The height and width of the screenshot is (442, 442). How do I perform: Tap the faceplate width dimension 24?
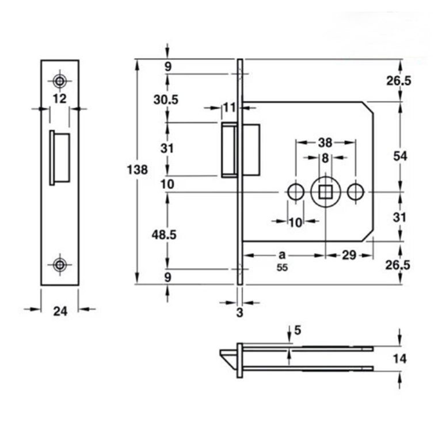[60, 311]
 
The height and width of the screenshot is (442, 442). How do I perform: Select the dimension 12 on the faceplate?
[59, 98]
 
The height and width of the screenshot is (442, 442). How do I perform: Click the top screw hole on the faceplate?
[59, 80]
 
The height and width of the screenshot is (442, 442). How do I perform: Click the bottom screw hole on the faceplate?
[59, 264]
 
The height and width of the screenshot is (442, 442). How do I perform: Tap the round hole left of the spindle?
[295, 192]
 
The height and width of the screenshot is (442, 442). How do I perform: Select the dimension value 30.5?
[167, 99]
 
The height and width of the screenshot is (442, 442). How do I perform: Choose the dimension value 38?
[325, 142]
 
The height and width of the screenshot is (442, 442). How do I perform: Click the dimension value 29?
[349, 255]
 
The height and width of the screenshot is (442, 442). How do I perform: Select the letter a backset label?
[281, 254]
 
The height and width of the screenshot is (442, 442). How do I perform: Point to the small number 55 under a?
[281, 268]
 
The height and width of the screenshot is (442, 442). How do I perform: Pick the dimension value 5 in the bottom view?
[297, 330]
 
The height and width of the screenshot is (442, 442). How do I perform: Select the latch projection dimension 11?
[230, 106]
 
